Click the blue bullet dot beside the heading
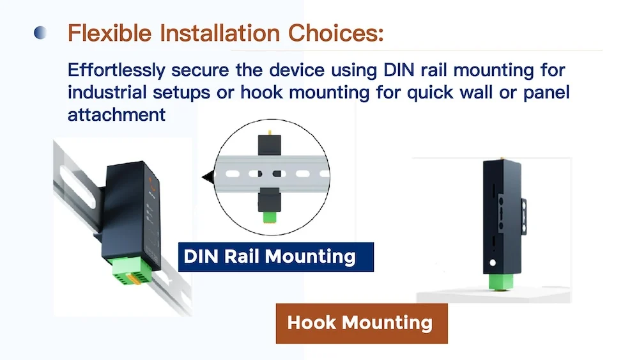coord(40,33)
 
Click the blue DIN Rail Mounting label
coord(275,256)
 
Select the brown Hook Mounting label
coord(361,322)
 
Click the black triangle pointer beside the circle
coord(206,176)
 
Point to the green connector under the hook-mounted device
coord(498,282)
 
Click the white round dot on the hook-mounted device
coord(493,263)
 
